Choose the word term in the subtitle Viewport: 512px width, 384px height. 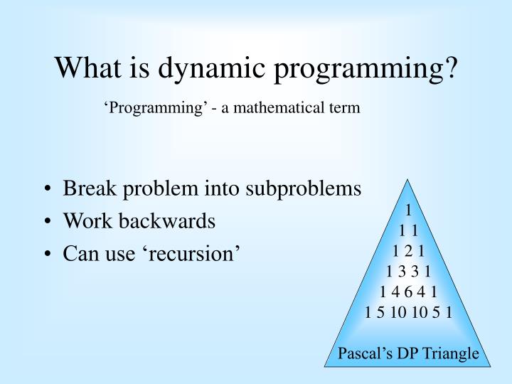(x=346, y=108)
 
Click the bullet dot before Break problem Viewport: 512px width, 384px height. (x=47, y=190)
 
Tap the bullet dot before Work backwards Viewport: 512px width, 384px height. (x=47, y=222)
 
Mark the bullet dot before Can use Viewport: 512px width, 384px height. (x=47, y=253)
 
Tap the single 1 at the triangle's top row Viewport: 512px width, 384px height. (x=408, y=210)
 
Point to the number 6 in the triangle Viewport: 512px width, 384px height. (x=408, y=291)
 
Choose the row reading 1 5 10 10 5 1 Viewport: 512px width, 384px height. (x=408, y=311)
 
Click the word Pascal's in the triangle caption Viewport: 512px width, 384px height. (x=363, y=353)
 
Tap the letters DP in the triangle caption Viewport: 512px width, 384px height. (x=405, y=353)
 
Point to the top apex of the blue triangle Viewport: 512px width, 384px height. (x=408, y=179)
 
